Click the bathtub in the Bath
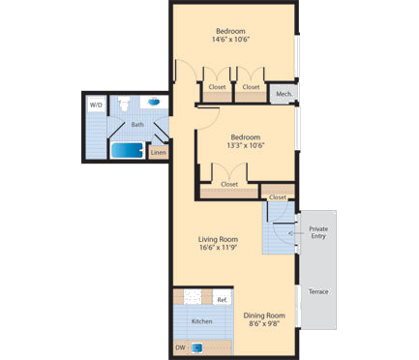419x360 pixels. [126, 150]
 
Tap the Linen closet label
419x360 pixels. [158, 151]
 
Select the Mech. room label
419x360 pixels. [284, 94]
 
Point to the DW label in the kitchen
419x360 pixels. [180, 347]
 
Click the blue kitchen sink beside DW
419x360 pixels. [197, 347]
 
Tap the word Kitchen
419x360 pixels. [201, 320]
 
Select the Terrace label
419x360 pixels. [317, 291]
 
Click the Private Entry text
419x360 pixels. [318, 233]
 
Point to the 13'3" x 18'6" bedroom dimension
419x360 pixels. [247, 145]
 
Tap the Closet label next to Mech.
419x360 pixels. [251, 87]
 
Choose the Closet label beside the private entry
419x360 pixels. [278, 196]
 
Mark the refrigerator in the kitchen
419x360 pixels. [222, 297]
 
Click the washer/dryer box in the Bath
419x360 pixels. [96, 105]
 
